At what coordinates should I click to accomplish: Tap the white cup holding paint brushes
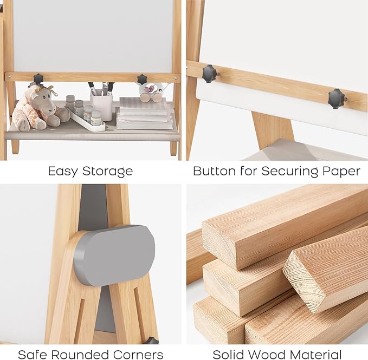click(101, 106)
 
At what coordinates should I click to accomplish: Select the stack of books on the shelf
click(144, 113)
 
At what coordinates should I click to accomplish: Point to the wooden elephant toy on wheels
click(152, 91)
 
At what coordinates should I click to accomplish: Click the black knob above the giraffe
click(38, 79)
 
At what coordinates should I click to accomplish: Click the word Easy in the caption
click(63, 172)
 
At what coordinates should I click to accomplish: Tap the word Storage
click(107, 172)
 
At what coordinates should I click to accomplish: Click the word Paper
click(341, 172)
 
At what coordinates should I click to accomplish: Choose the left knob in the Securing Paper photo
click(210, 73)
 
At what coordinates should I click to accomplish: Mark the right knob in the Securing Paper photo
click(337, 99)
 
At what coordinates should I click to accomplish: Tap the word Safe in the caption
click(31, 355)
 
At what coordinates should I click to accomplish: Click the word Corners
click(138, 355)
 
